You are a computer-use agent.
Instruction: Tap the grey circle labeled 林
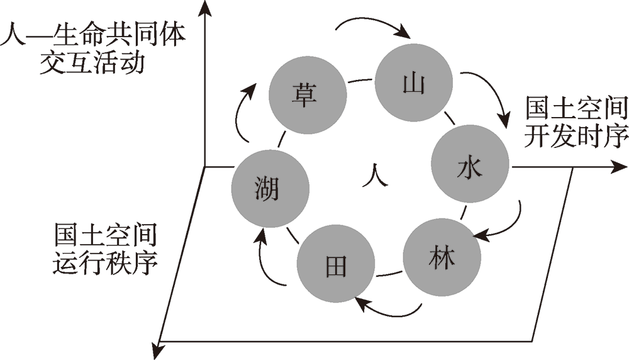(442, 257)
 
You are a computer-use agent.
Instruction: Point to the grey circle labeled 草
(307, 95)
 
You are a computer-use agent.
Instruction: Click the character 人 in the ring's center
(375, 174)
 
